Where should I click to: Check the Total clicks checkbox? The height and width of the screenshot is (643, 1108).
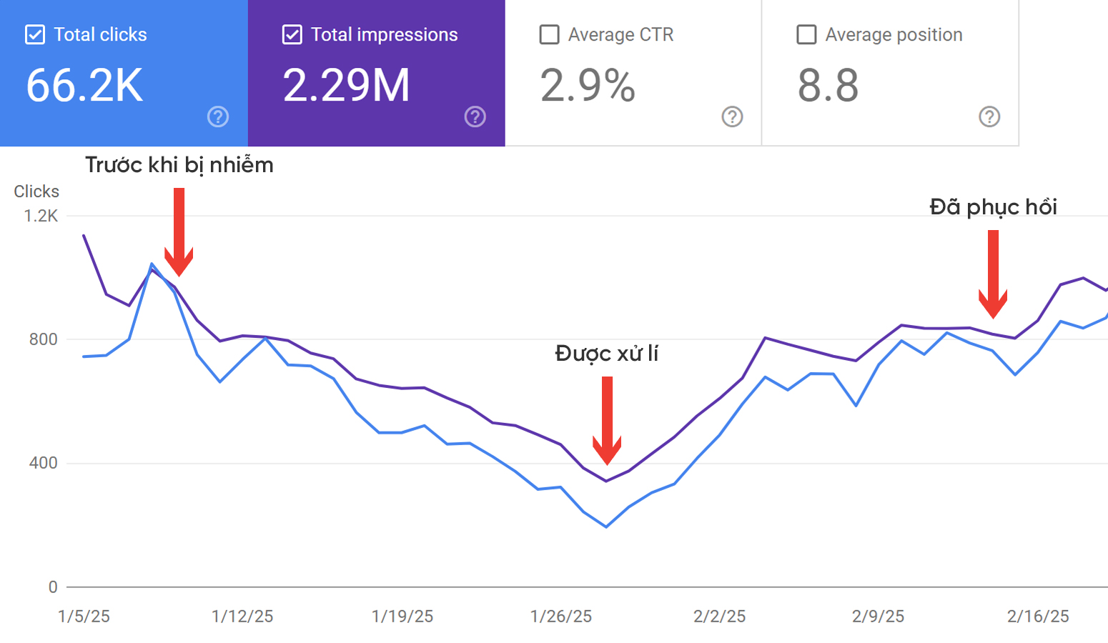pyautogui.click(x=35, y=34)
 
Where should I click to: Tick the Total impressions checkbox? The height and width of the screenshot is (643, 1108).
pyautogui.click(x=292, y=34)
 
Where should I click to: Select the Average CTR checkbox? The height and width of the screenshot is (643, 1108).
pyautogui.click(x=549, y=34)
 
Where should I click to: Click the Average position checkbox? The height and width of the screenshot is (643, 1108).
pyautogui.click(x=806, y=34)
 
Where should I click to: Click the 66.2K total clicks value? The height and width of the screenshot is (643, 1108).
pyautogui.click(x=84, y=86)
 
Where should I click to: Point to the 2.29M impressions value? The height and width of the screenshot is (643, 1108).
pyautogui.click(x=346, y=86)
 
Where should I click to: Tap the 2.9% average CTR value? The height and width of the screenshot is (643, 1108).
pyautogui.click(x=588, y=86)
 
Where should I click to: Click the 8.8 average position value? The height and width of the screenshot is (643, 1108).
pyautogui.click(x=828, y=86)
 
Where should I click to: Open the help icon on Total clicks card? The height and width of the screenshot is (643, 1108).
pyautogui.click(x=218, y=116)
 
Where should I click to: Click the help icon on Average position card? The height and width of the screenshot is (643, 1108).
pyautogui.click(x=989, y=116)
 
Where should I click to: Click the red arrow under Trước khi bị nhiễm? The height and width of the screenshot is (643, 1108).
pyautogui.click(x=179, y=232)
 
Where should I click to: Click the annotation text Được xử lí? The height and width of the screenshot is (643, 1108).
pyautogui.click(x=606, y=354)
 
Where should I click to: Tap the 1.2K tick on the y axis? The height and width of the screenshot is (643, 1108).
pyautogui.click(x=41, y=216)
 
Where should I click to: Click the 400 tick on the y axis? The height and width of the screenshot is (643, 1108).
pyautogui.click(x=43, y=463)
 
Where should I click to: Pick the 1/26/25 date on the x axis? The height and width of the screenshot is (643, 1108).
pyautogui.click(x=561, y=617)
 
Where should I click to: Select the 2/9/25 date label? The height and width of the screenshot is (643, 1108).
pyautogui.click(x=878, y=617)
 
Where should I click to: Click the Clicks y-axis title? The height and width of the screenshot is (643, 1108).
pyautogui.click(x=36, y=191)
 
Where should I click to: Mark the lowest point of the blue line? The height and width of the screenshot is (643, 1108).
pyautogui.click(x=606, y=527)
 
